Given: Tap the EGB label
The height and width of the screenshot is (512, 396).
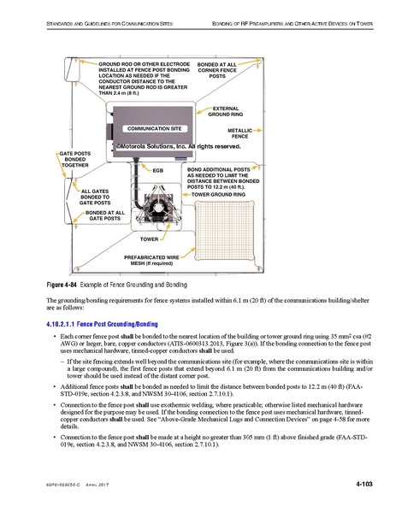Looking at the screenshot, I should point(157,171).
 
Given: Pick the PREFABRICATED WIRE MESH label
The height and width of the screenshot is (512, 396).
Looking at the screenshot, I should point(151,261).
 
